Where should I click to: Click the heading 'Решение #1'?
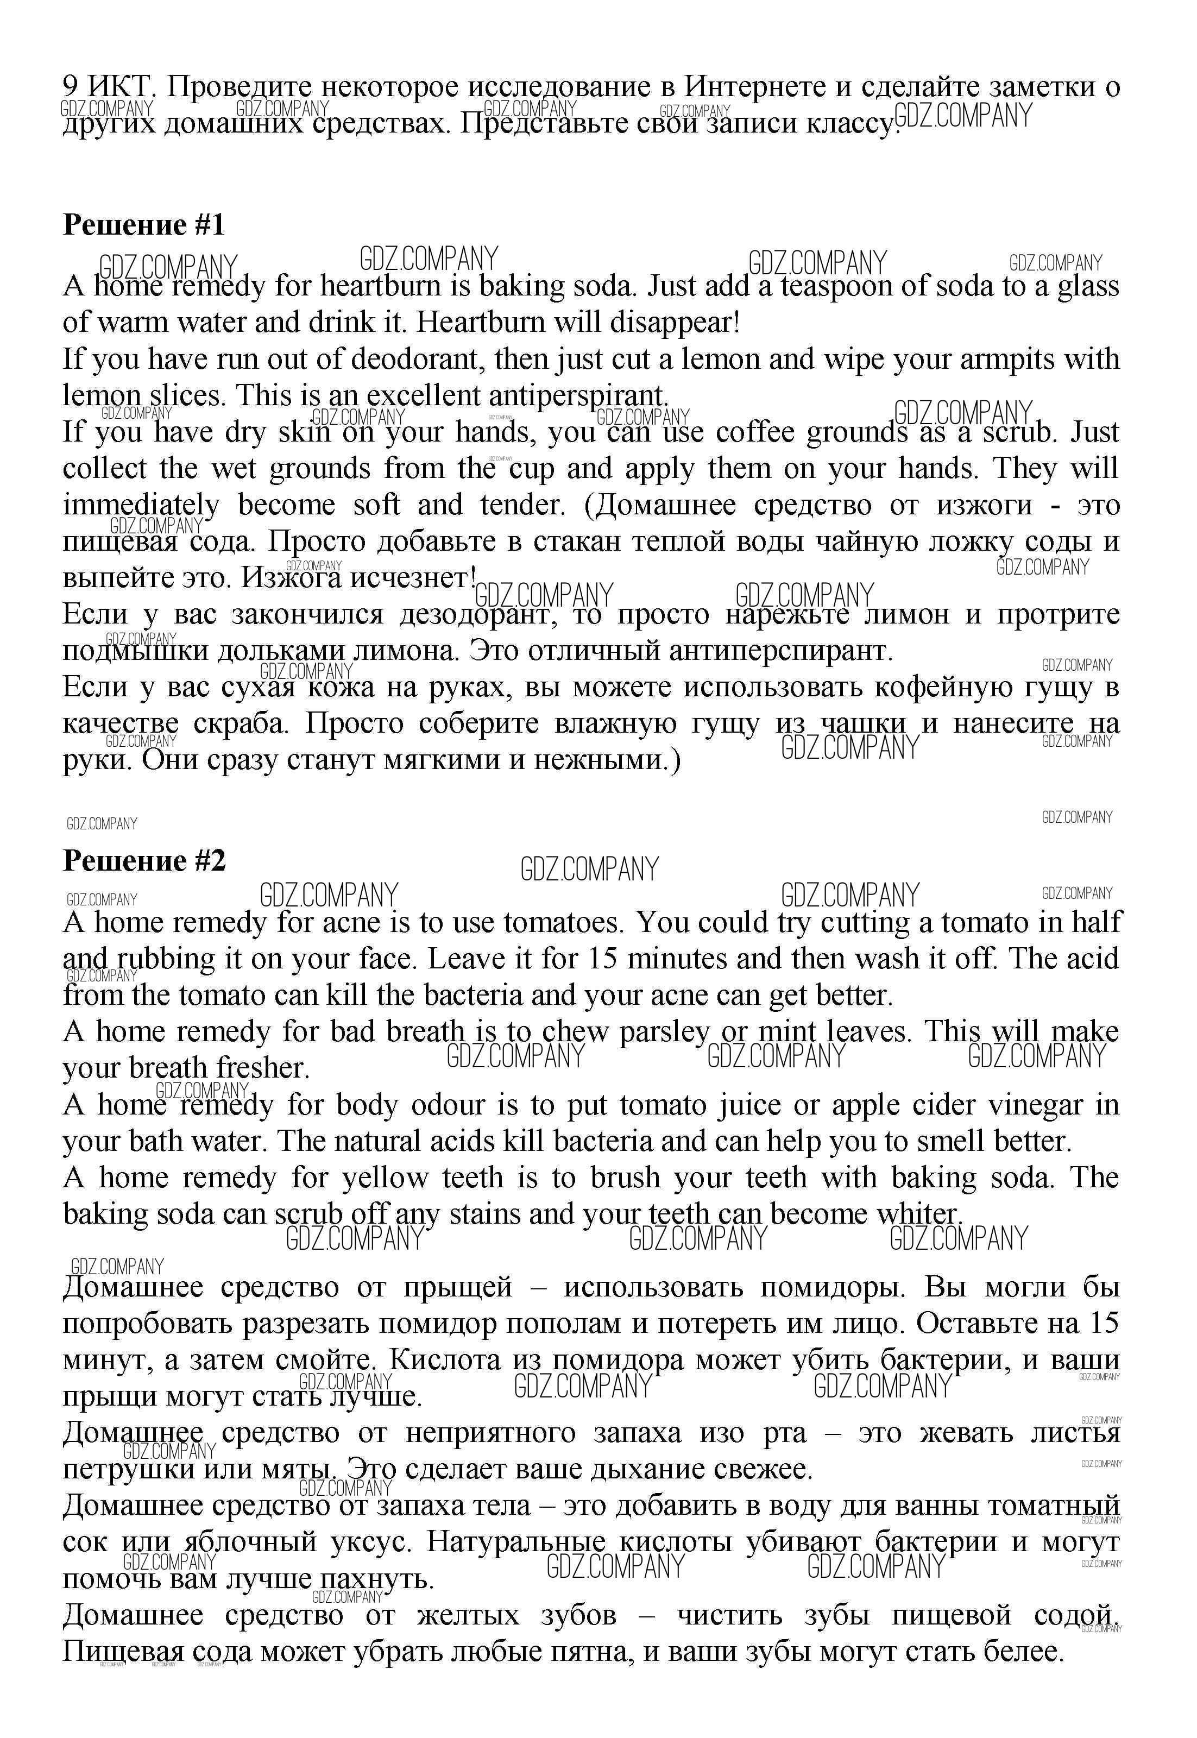(x=143, y=225)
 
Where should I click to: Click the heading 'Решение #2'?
(x=143, y=860)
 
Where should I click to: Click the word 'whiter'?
(x=917, y=1214)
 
